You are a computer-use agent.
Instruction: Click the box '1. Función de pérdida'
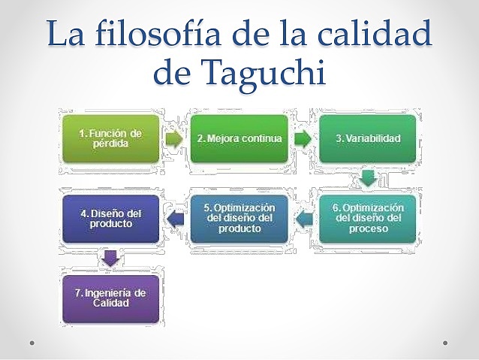[110, 138]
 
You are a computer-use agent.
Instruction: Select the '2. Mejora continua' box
[239, 138]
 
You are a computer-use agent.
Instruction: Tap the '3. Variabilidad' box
[367, 138]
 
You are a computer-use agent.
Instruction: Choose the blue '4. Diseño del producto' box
[110, 218]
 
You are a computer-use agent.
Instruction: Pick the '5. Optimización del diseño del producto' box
[239, 218]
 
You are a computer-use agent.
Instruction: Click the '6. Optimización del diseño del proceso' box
[367, 218]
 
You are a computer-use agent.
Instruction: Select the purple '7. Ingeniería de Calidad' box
[110, 298]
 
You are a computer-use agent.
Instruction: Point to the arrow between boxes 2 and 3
[303, 139]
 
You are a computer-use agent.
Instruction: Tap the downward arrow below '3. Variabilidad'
[367, 178]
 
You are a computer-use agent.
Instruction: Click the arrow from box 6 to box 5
[303, 219]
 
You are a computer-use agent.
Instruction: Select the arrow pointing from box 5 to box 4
[174, 219]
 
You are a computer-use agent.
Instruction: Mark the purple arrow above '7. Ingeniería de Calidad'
[110, 259]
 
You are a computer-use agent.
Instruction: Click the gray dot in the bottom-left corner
[32, 343]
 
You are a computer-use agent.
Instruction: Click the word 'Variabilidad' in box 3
[372, 138]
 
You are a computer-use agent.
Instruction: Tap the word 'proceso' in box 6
[367, 228]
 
